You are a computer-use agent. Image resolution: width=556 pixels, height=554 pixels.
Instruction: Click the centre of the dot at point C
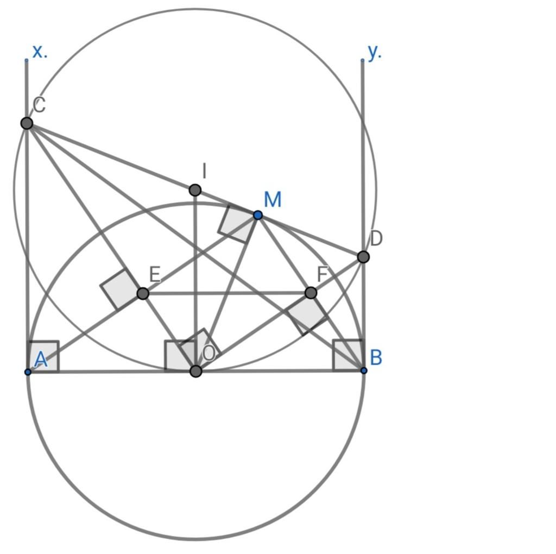[x=27, y=123]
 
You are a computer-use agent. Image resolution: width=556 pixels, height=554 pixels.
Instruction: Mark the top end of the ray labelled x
[x=26, y=60]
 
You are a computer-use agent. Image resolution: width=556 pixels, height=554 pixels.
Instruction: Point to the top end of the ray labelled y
[x=362, y=60]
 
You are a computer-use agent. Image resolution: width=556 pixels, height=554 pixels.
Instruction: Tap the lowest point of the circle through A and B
[x=195, y=539]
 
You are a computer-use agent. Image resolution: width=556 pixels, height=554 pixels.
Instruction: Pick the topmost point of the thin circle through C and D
[x=195, y=9]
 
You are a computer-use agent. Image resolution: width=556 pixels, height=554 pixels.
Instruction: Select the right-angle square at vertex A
[x=43, y=356]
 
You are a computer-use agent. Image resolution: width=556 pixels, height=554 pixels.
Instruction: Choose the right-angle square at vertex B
[x=348, y=355]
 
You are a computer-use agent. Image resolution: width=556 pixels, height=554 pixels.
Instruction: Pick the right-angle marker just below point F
[x=307, y=314]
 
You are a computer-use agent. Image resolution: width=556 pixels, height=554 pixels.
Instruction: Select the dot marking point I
[x=195, y=190]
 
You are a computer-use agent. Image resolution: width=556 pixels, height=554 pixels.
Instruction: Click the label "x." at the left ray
[x=40, y=52]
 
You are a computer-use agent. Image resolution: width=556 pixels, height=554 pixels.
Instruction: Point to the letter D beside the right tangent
[x=376, y=238]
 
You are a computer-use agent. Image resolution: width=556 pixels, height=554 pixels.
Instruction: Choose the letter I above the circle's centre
[x=204, y=171]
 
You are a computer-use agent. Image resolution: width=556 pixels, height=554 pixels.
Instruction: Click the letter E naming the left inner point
[x=155, y=274]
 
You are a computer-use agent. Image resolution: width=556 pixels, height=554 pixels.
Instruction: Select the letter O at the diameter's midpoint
[x=209, y=353]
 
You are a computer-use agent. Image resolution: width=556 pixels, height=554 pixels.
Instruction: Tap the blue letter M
[x=273, y=199]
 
